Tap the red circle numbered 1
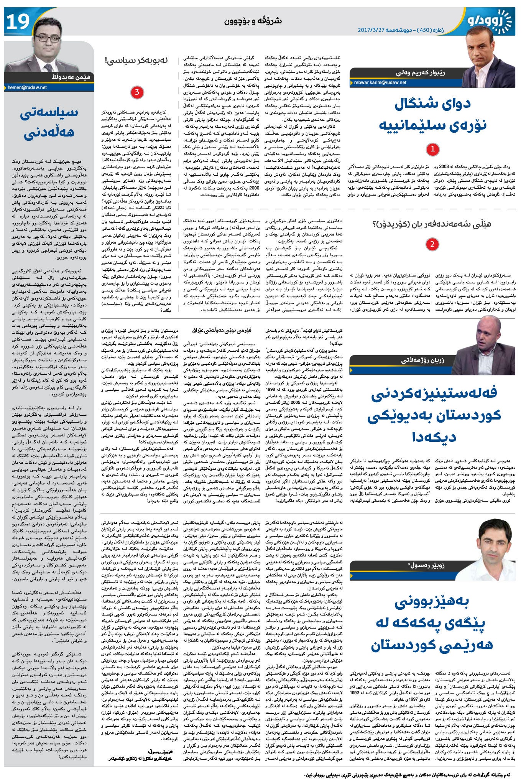432,149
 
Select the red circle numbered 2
432,245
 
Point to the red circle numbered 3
137,92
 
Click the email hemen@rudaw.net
27,87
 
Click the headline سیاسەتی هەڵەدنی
49,123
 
